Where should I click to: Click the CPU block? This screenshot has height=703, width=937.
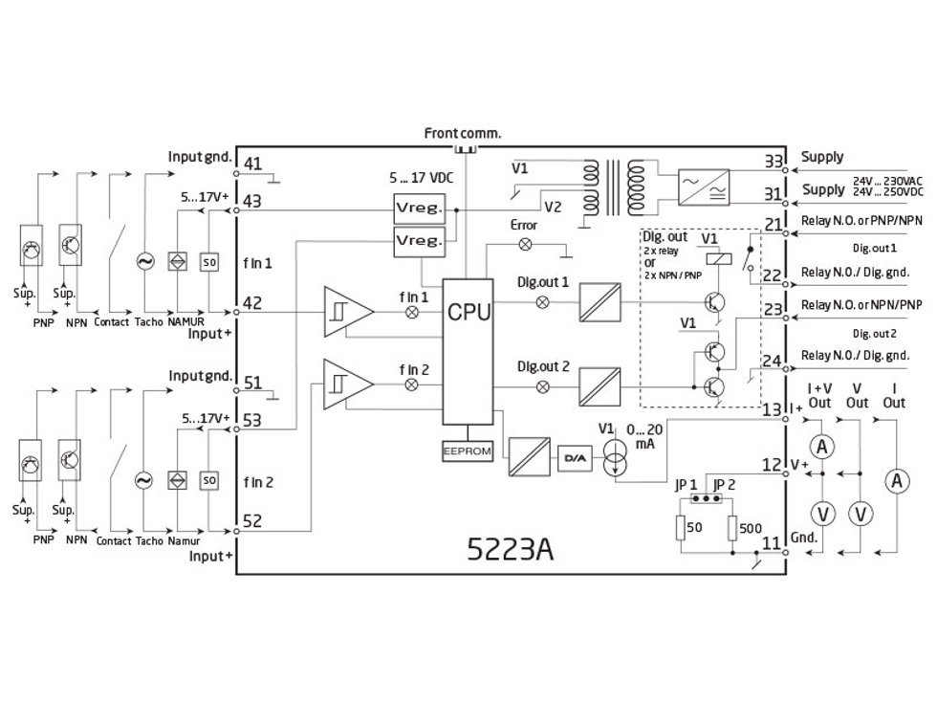(468, 312)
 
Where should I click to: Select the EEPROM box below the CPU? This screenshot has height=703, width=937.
(468, 450)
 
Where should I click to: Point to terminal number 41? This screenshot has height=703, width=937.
(252, 164)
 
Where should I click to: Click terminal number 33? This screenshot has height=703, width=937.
(773, 160)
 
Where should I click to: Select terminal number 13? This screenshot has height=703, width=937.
(773, 409)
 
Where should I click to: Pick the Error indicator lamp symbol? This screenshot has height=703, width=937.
(523, 244)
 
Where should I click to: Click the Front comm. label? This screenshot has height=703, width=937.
(463, 133)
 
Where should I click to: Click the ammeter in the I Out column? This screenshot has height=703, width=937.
(896, 483)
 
